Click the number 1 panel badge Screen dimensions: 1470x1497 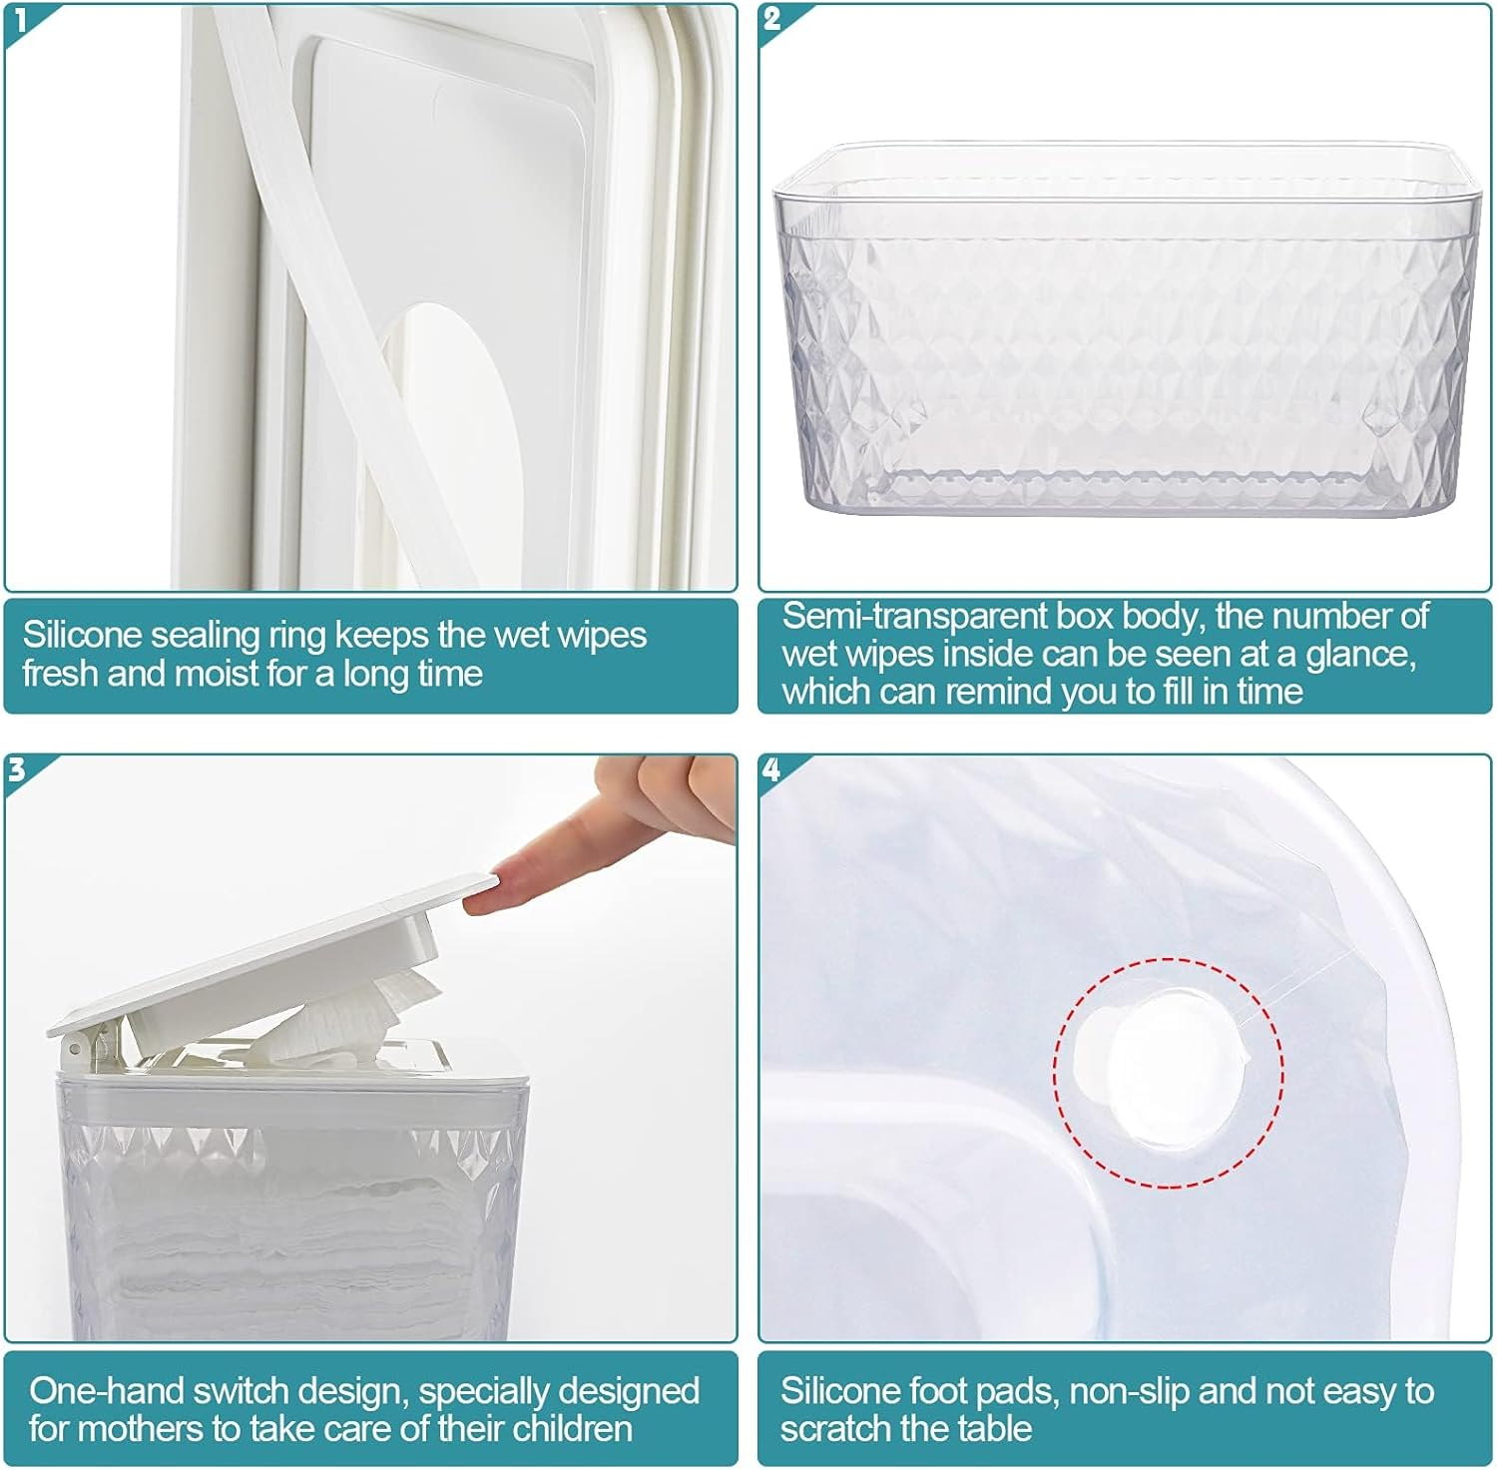point(19,18)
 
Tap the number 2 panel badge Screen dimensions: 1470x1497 point(771,18)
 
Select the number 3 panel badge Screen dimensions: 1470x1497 point(17,769)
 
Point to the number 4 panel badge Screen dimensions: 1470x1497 point(771,769)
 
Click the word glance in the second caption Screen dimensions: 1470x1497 point(1361,655)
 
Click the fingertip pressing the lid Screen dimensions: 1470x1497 point(484,900)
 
